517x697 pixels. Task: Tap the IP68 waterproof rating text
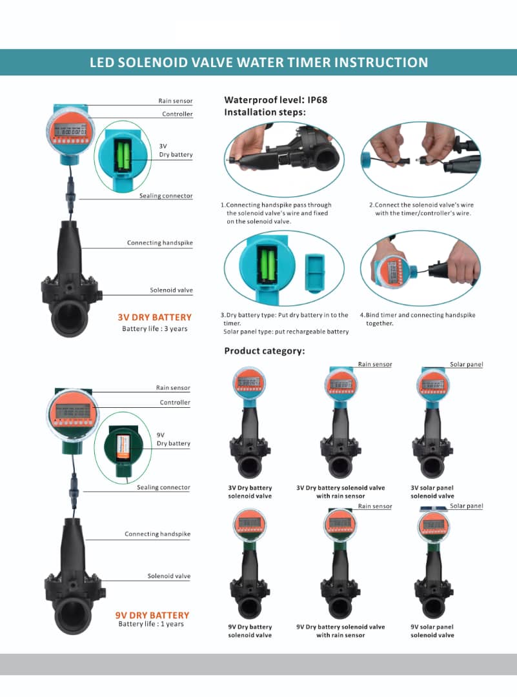[x=317, y=100]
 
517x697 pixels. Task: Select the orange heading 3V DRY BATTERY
[x=155, y=318]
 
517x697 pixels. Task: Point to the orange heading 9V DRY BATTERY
[x=152, y=615]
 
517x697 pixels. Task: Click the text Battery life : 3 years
[x=155, y=329]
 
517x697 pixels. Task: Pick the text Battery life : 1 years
[x=151, y=624]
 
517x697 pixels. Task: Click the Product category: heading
[x=265, y=350]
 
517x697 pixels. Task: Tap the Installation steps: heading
[x=265, y=112]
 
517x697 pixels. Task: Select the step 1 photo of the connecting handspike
[x=284, y=159]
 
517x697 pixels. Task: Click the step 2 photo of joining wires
[x=421, y=159]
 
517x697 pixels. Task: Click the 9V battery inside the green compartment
[x=123, y=448]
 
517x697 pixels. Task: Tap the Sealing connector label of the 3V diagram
[x=166, y=196]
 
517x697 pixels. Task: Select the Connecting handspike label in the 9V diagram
[x=157, y=534]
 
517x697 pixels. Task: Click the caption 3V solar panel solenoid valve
[x=432, y=492]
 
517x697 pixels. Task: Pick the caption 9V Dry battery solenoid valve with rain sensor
[x=341, y=631]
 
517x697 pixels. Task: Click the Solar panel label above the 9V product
[x=466, y=506]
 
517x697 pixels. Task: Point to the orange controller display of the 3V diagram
[x=71, y=131]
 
